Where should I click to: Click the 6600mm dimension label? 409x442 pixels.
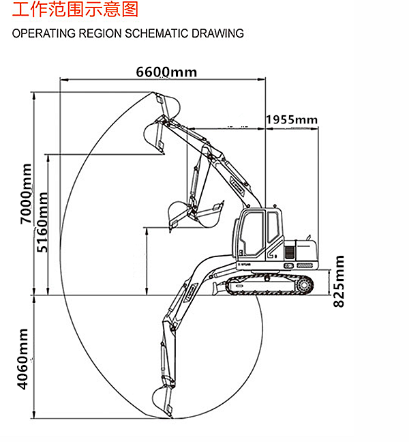166,72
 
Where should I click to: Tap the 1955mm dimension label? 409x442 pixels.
292,120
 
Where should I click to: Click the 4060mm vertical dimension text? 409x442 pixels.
23,359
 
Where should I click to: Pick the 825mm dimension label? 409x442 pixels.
339,280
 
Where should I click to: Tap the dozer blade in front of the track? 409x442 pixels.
218,286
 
